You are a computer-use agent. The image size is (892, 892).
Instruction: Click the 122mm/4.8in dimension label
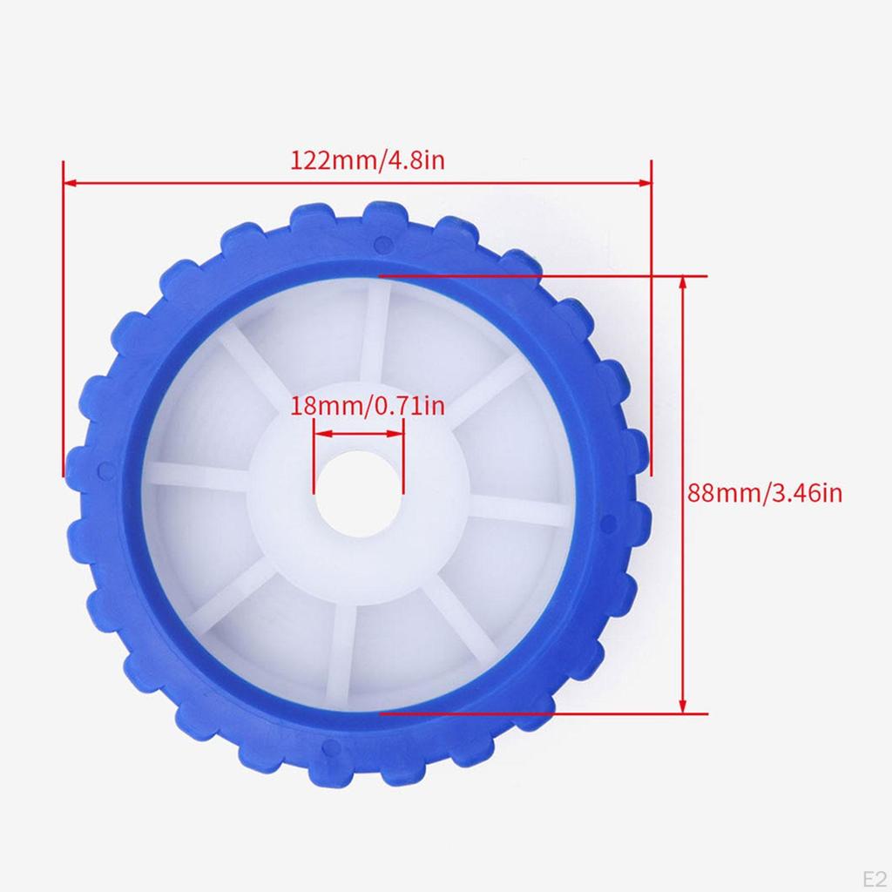[x=368, y=160]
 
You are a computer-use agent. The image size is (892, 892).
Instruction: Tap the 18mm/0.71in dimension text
[x=368, y=406]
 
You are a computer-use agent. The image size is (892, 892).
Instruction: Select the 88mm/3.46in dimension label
[x=765, y=493]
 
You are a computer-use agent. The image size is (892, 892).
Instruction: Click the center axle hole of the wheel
[x=358, y=494]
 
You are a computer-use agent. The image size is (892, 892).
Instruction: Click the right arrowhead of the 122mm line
[x=645, y=183]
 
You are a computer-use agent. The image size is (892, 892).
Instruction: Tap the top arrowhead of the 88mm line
[x=683, y=283]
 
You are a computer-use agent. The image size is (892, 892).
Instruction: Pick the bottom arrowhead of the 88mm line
[x=683, y=706]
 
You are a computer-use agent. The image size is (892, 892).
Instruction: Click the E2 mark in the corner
[x=875, y=878]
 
